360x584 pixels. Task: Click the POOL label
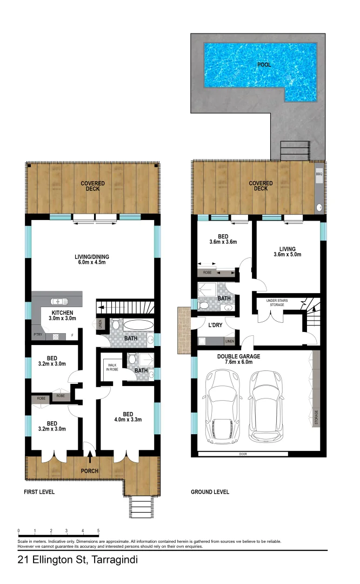[264, 65]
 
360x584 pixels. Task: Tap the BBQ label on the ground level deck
[319, 175]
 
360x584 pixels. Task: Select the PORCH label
[90, 471]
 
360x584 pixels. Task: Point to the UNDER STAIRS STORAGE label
[279, 303]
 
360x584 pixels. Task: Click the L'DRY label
[209, 325]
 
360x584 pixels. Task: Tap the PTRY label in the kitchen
[38, 335]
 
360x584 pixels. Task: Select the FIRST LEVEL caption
[39, 492]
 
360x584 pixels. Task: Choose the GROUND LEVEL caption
[210, 492]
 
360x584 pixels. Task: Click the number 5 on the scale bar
[98, 531]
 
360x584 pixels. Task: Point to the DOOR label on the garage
[243, 454]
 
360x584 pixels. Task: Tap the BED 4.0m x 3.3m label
[129, 406]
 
